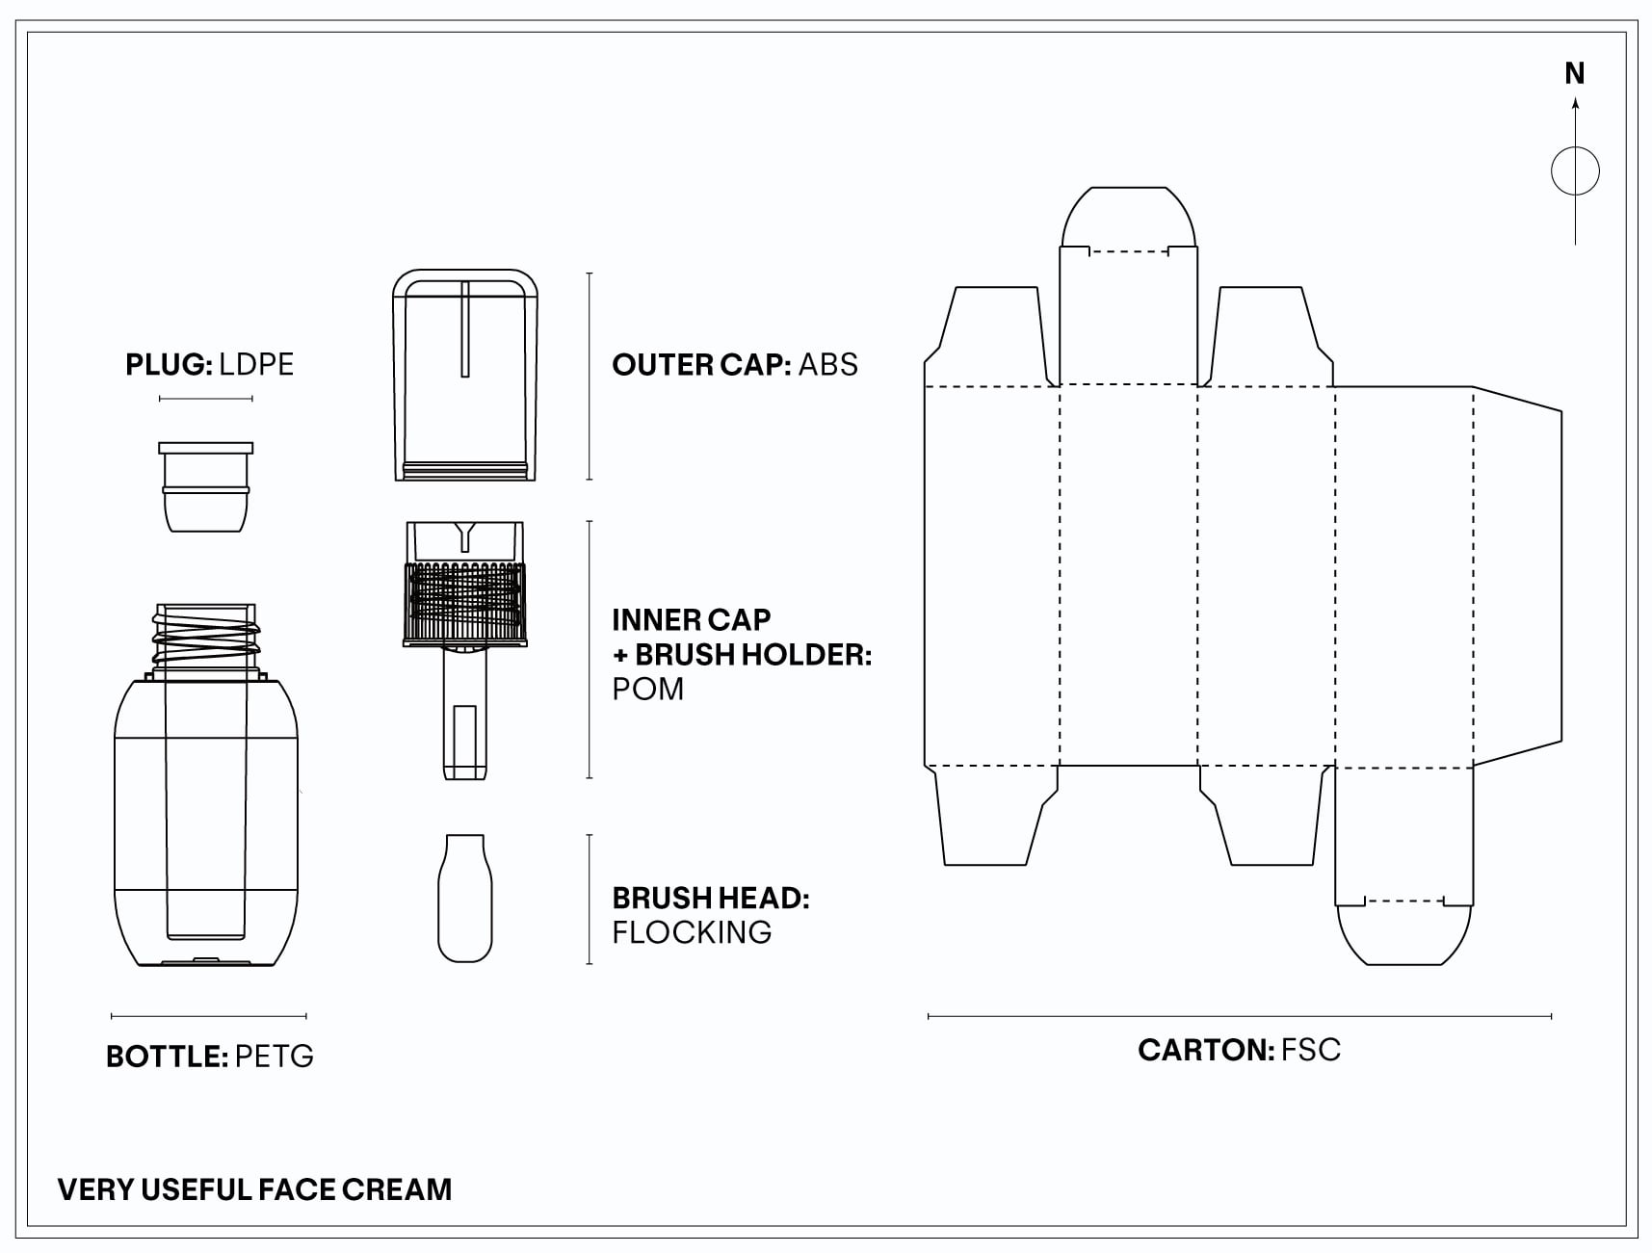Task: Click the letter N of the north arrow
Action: (1574, 73)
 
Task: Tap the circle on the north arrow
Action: (1575, 171)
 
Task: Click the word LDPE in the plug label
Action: (255, 365)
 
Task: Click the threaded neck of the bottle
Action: (206, 636)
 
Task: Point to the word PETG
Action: (274, 1057)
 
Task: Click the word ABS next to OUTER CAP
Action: (827, 365)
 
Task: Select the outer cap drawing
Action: (464, 376)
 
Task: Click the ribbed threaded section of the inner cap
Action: (466, 602)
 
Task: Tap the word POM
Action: (647, 690)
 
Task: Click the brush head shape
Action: (464, 898)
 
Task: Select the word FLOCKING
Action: (692, 932)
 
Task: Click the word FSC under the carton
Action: (1310, 1050)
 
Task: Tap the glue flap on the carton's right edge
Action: (1517, 576)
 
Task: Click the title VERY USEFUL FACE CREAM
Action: (254, 1189)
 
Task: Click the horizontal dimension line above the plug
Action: (205, 399)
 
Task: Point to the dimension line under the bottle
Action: (209, 1015)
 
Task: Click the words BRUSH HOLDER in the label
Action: (752, 655)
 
